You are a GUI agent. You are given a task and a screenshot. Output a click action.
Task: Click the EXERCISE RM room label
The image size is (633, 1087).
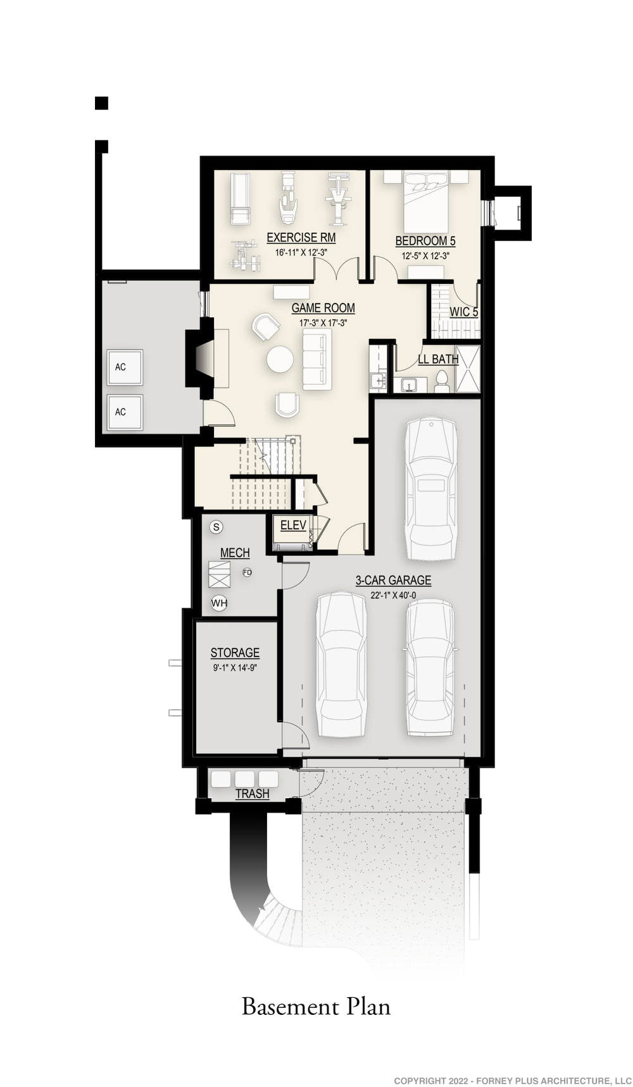301,238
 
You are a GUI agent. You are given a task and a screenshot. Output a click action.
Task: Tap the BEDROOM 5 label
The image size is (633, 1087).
425,241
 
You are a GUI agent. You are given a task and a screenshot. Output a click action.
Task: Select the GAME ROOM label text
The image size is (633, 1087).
323,308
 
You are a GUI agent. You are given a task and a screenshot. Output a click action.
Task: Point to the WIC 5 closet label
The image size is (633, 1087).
464,312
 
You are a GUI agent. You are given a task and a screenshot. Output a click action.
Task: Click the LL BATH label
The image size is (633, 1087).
438,359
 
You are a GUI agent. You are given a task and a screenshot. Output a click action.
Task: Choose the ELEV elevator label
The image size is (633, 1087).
293,525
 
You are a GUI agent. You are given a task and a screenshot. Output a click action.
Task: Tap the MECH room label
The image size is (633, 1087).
235,553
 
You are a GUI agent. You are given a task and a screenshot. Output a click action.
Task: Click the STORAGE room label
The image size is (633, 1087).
235,653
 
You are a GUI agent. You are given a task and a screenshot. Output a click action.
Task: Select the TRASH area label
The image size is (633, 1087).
252,794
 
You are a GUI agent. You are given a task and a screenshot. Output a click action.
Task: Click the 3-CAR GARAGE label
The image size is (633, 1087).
393,580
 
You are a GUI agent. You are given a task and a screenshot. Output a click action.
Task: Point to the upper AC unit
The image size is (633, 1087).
125,367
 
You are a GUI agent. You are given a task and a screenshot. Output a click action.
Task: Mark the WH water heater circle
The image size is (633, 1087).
219,603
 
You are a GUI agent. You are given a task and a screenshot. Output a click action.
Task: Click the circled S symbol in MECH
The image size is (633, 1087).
216,527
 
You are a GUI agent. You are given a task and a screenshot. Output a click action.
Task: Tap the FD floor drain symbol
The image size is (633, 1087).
247,572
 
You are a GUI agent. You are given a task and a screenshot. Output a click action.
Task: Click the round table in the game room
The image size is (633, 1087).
280,359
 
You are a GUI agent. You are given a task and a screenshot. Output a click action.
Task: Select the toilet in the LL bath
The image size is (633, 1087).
442,381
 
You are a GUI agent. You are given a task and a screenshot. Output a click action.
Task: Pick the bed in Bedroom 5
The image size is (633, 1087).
426,202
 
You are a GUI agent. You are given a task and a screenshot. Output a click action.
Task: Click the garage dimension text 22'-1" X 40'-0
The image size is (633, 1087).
393,595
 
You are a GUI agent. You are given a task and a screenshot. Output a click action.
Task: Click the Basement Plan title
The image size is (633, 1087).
316,1007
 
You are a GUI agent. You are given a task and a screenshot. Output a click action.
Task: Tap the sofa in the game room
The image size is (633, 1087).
316,359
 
